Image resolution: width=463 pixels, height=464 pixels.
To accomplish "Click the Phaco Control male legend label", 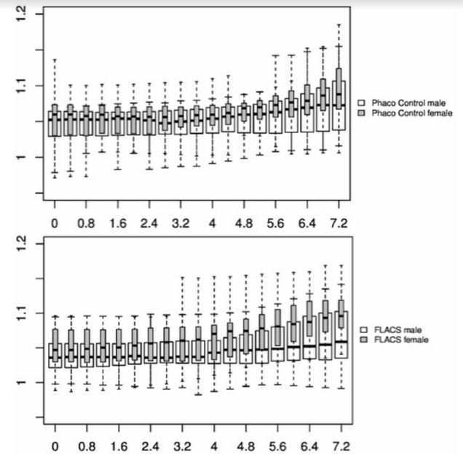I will [411, 103].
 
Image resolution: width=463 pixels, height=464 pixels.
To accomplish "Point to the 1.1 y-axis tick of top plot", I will [23, 86].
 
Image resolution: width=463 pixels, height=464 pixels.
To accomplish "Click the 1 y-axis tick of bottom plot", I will [23, 383].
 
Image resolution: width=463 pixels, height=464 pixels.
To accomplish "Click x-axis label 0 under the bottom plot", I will [55, 444].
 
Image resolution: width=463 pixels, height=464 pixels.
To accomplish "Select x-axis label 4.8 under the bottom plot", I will [246, 444].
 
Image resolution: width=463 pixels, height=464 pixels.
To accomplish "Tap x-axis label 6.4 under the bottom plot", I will [309, 444].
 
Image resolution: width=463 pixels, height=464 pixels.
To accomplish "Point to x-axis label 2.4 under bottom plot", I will [151, 444].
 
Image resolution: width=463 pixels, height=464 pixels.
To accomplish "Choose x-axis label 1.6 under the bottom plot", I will [119, 444].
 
